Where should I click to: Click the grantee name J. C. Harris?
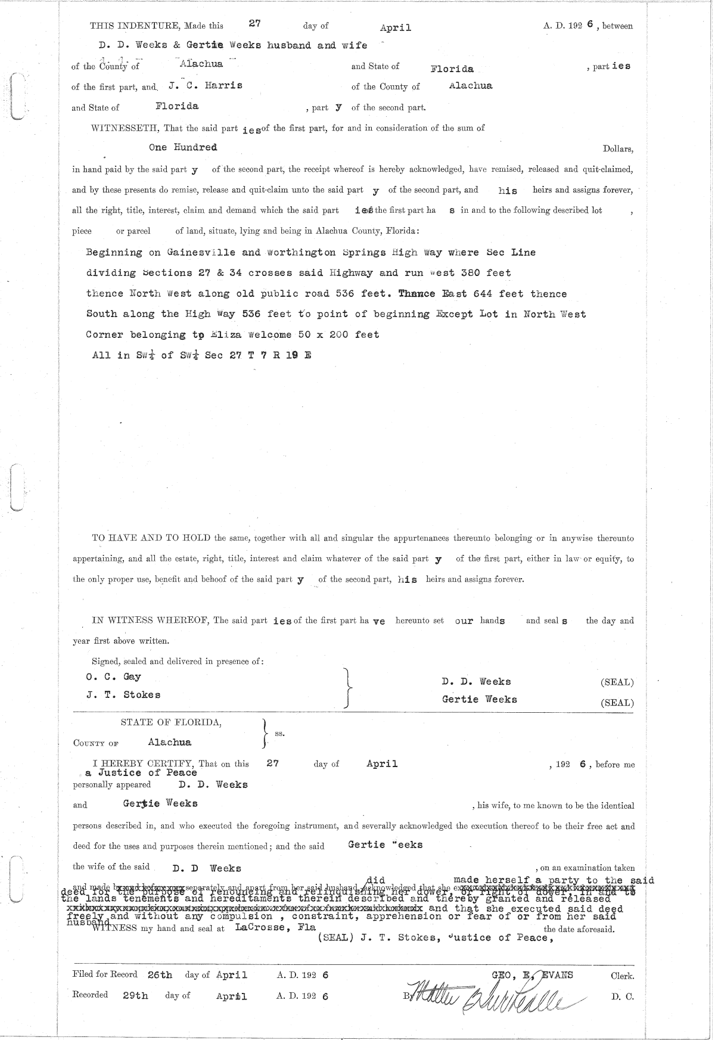[x=205, y=85]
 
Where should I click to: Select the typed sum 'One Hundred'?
[x=183, y=147]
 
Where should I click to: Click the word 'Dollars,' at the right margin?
[x=618, y=149]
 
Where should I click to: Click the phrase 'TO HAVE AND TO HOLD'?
[x=151, y=538]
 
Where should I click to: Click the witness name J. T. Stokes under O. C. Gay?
[x=123, y=695]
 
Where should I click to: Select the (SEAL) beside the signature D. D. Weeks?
[x=617, y=682]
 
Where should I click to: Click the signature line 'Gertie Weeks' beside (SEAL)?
[x=479, y=700]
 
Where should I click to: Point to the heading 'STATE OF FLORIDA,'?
[x=172, y=722]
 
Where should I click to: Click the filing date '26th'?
[x=158, y=976]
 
